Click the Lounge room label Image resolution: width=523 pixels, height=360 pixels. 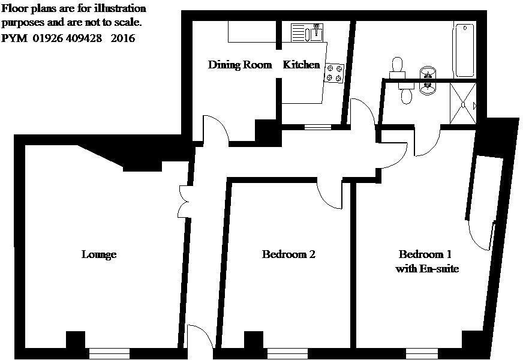[x=99, y=254]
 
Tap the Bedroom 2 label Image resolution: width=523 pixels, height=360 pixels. [x=288, y=254]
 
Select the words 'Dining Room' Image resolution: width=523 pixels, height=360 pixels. [x=240, y=65]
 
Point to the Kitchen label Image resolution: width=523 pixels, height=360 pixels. [x=302, y=65]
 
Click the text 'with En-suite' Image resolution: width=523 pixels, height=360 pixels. [x=427, y=269]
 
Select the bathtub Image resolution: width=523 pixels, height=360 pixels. [x=464, y=50]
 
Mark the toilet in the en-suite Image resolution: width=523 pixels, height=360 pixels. [x=407, y=94]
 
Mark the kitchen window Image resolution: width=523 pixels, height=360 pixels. [x=317, y=127]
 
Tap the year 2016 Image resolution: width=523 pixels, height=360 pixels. [x=124, y=38]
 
